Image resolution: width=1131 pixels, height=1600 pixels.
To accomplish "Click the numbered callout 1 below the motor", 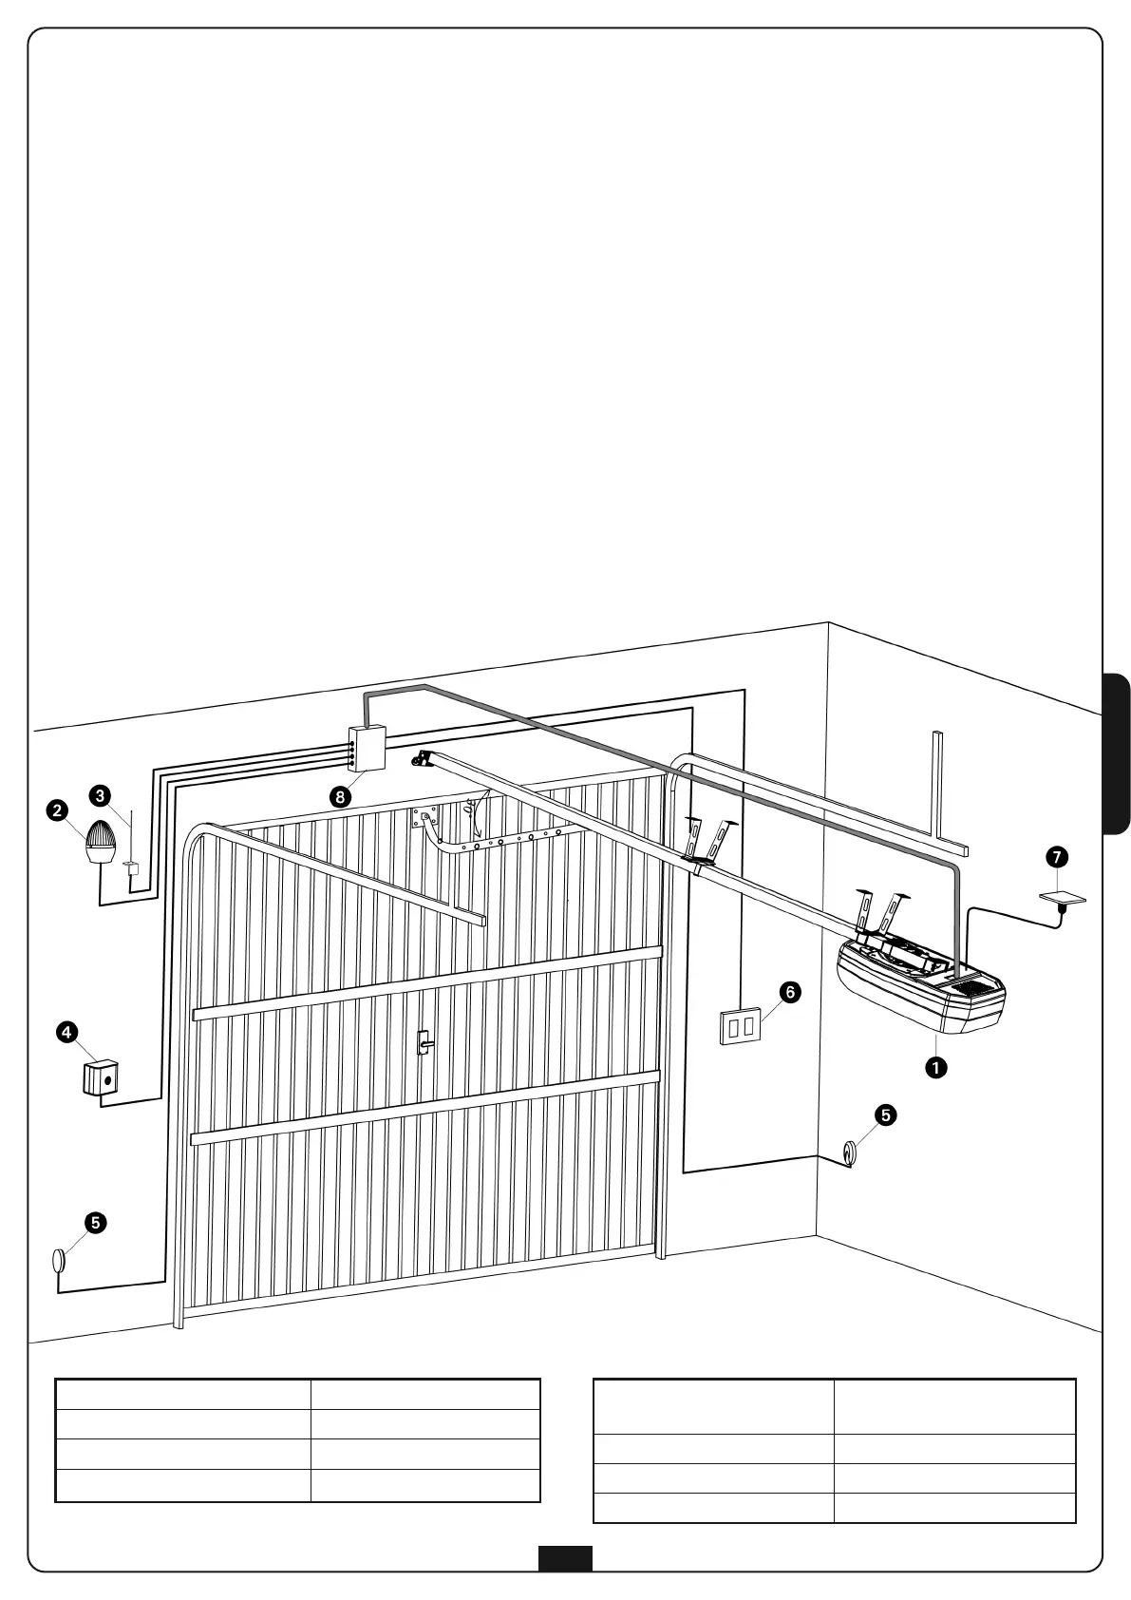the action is click(x=936, y=1067).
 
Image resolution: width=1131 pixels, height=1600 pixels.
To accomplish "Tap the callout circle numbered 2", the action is click(x=58, y=810).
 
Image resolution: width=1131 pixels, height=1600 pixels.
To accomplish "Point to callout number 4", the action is click(x=66, y=1032).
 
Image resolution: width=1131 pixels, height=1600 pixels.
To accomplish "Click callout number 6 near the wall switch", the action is click(x=789, y=992).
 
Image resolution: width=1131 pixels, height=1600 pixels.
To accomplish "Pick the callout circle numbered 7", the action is click(x=1056, y=857).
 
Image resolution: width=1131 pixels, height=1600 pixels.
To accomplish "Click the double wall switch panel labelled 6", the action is click(x=741, y=1027).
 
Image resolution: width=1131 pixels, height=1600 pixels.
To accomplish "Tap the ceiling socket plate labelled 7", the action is click(x=1063, y=898).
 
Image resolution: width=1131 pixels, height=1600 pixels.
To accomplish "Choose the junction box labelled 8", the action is click(x=368, y=748).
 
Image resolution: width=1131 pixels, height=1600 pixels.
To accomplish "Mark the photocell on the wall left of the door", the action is click(x=59, y=1260).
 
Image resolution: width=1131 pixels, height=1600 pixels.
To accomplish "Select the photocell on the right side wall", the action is click(x=849, y=1152).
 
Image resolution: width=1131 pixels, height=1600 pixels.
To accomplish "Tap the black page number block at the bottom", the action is click(x=565, y=1558).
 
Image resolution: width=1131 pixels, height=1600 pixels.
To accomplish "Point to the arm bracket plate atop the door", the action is click(x=424, y=816).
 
